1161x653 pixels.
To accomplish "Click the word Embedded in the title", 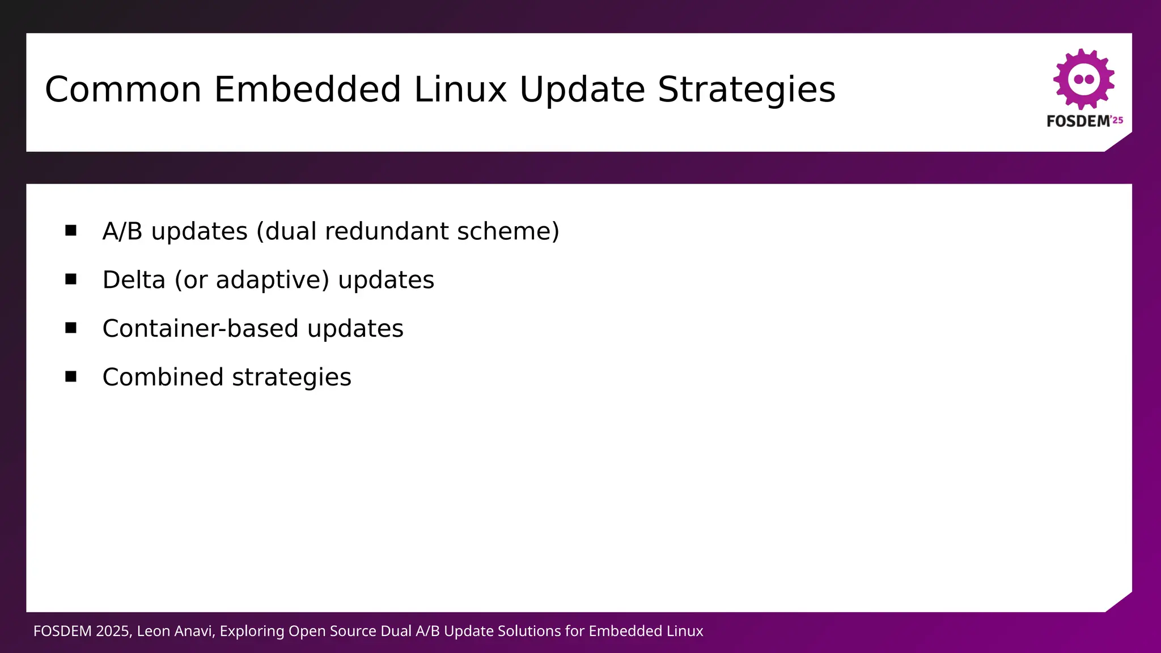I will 307,90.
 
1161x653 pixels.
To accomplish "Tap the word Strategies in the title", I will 746,90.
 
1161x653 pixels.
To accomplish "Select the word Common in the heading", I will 123,90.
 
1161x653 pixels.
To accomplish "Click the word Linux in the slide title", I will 460,90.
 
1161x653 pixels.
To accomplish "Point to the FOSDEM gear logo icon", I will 1084,79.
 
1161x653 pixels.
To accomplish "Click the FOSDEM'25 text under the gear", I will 1084,121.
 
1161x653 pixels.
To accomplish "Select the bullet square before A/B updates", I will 71,230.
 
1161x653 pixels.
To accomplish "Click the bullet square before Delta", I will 71,279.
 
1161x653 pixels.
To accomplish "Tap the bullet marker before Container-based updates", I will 71,328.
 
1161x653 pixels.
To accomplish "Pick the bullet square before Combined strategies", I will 71,376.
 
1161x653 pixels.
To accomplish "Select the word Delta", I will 134,280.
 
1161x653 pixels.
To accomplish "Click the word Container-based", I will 200,329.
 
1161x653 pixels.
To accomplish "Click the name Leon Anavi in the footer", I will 176,631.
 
